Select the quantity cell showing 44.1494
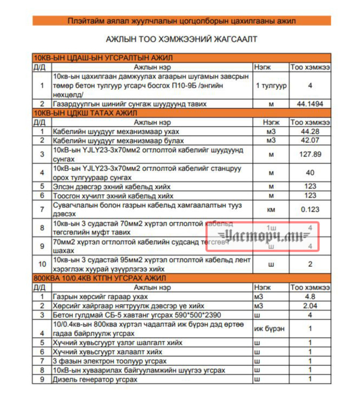click(x=310, y=103)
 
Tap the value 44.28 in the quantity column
click(x=310, y=132)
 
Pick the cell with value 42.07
click(x=310, y=141)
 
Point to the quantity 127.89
click(x=310, y=154)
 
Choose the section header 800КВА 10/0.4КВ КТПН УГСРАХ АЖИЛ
click(x=100, y=278)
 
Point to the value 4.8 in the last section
click(x=310, y=297)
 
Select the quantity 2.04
click(x=310, y=306)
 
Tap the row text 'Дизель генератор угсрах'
click(x=95, y=379)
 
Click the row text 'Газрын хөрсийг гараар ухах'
click(x=100, y=297)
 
